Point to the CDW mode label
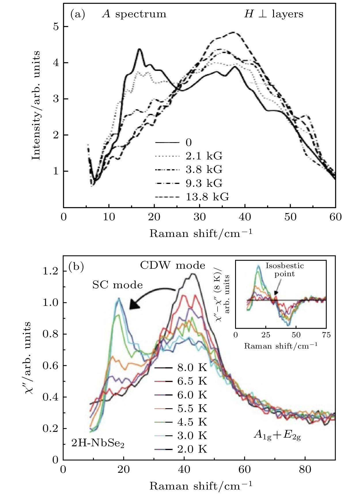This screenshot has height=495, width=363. tap(173, 265)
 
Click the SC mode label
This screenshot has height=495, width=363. tap(117, 285)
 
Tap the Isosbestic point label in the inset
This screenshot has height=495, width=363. tap(285, 270)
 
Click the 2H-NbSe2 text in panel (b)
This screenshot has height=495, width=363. tap(98, 443)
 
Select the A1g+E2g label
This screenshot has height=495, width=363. tap(277, 435)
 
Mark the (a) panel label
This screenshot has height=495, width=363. tap(77, 14)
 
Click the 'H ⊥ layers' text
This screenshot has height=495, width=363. tap(274, 14)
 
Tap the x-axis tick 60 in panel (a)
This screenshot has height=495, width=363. tap(335, 217)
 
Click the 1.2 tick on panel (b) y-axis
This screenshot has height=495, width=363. tap(51, 271)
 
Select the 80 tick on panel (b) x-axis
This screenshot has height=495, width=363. tap(305, 470)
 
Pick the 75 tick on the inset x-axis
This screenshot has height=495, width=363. tap(326, 335)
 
